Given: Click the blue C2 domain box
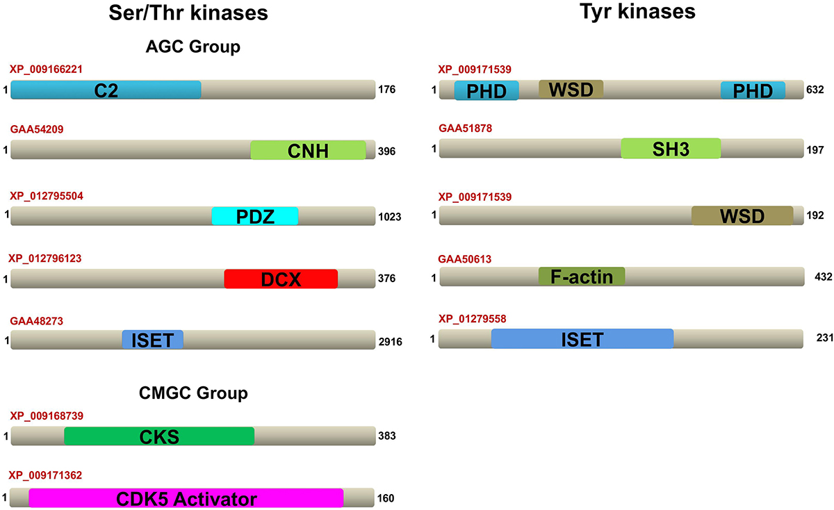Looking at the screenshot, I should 106,90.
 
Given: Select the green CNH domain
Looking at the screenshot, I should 307,150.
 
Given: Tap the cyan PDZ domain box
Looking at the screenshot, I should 254,216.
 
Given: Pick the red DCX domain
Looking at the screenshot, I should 280,279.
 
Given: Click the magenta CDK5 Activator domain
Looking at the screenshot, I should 186,498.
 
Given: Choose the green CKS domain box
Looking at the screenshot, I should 158,436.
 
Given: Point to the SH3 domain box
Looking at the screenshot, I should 670,148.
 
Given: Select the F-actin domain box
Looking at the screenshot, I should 582,277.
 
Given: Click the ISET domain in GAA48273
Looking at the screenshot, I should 152,340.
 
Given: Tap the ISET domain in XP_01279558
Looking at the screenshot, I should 582,339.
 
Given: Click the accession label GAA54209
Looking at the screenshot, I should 38,129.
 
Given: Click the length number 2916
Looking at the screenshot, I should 391,341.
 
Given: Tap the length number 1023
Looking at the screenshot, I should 391,217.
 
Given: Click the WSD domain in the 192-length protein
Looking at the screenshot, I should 742,216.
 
